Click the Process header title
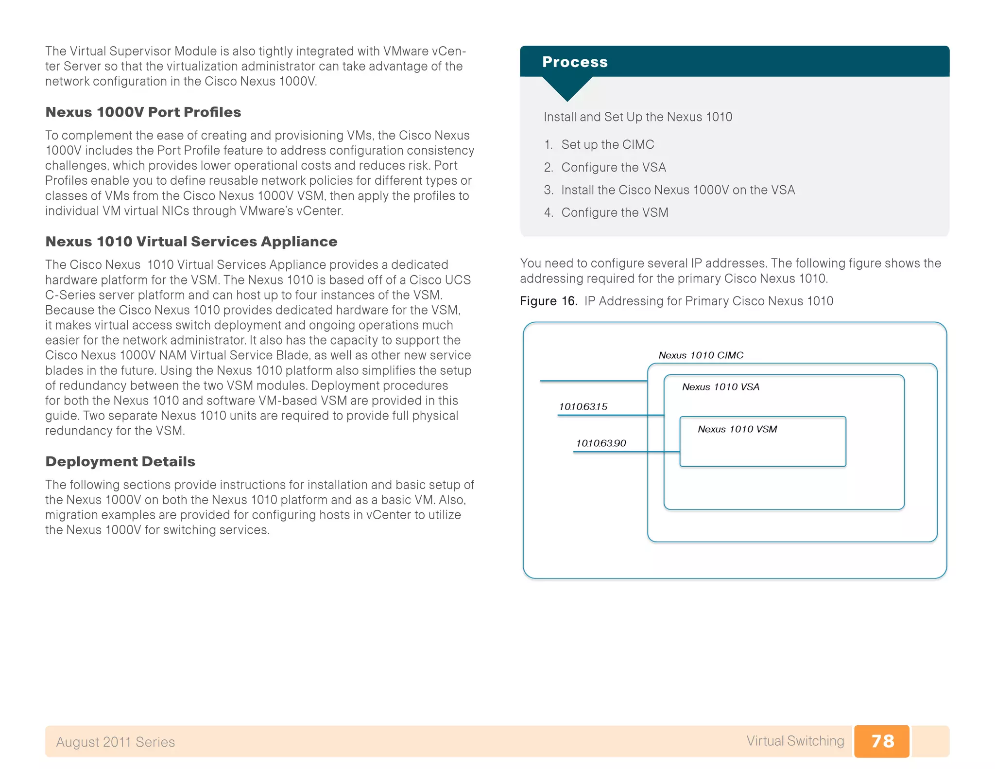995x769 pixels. (575, 62)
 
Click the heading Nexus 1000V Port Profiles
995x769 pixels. (143, 112)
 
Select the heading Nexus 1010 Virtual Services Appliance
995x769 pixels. (191, 242)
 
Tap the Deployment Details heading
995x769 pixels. (120, 462)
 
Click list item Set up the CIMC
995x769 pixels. (607, 145)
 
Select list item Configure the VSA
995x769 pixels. (613, 168)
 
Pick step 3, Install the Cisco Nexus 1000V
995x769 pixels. (678, 190)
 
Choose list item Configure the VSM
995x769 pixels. (615, 213)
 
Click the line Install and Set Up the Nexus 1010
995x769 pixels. (637, 117)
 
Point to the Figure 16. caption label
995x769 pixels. (549, 301)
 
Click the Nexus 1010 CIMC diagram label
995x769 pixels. (701, 355)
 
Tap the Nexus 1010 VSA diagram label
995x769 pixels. (721, 387)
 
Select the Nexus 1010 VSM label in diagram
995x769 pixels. (737, 429)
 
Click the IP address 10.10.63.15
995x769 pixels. (583, 407)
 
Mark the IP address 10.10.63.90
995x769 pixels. (601, 443)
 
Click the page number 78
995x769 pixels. (882, 741)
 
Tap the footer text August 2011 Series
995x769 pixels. (115, 742)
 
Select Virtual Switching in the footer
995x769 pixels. (795, 741)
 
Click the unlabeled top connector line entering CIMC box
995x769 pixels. (593, 381)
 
